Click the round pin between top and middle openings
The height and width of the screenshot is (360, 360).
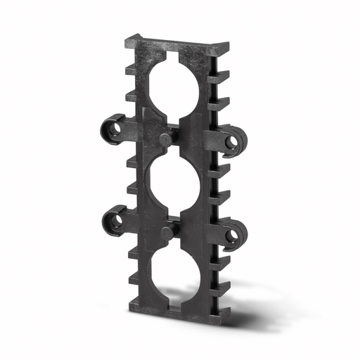point(166,139)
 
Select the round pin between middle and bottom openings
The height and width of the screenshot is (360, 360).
point(167,233)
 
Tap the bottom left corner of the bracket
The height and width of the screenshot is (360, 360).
point(131,307)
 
